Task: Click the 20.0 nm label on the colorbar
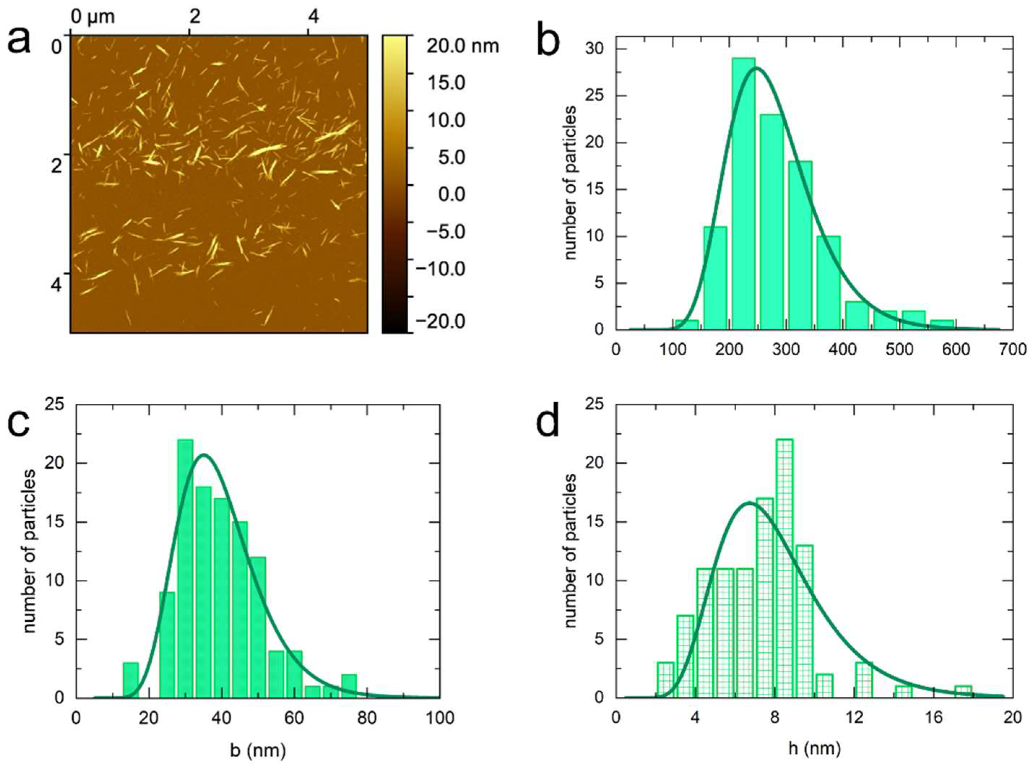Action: click(x=462, y=46)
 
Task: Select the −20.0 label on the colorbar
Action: click(x=446, y=321)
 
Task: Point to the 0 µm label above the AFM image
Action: click(x=92, y=17)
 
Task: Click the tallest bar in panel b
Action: click(x=743, y=194)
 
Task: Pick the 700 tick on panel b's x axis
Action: click(x=1013, y=350)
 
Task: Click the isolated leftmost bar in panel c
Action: click(x=131, y=680)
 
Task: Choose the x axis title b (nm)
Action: click(x=258, y=750)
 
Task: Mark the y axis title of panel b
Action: click(x=571, y=183)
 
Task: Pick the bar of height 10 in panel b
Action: click(x=828, y=282)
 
